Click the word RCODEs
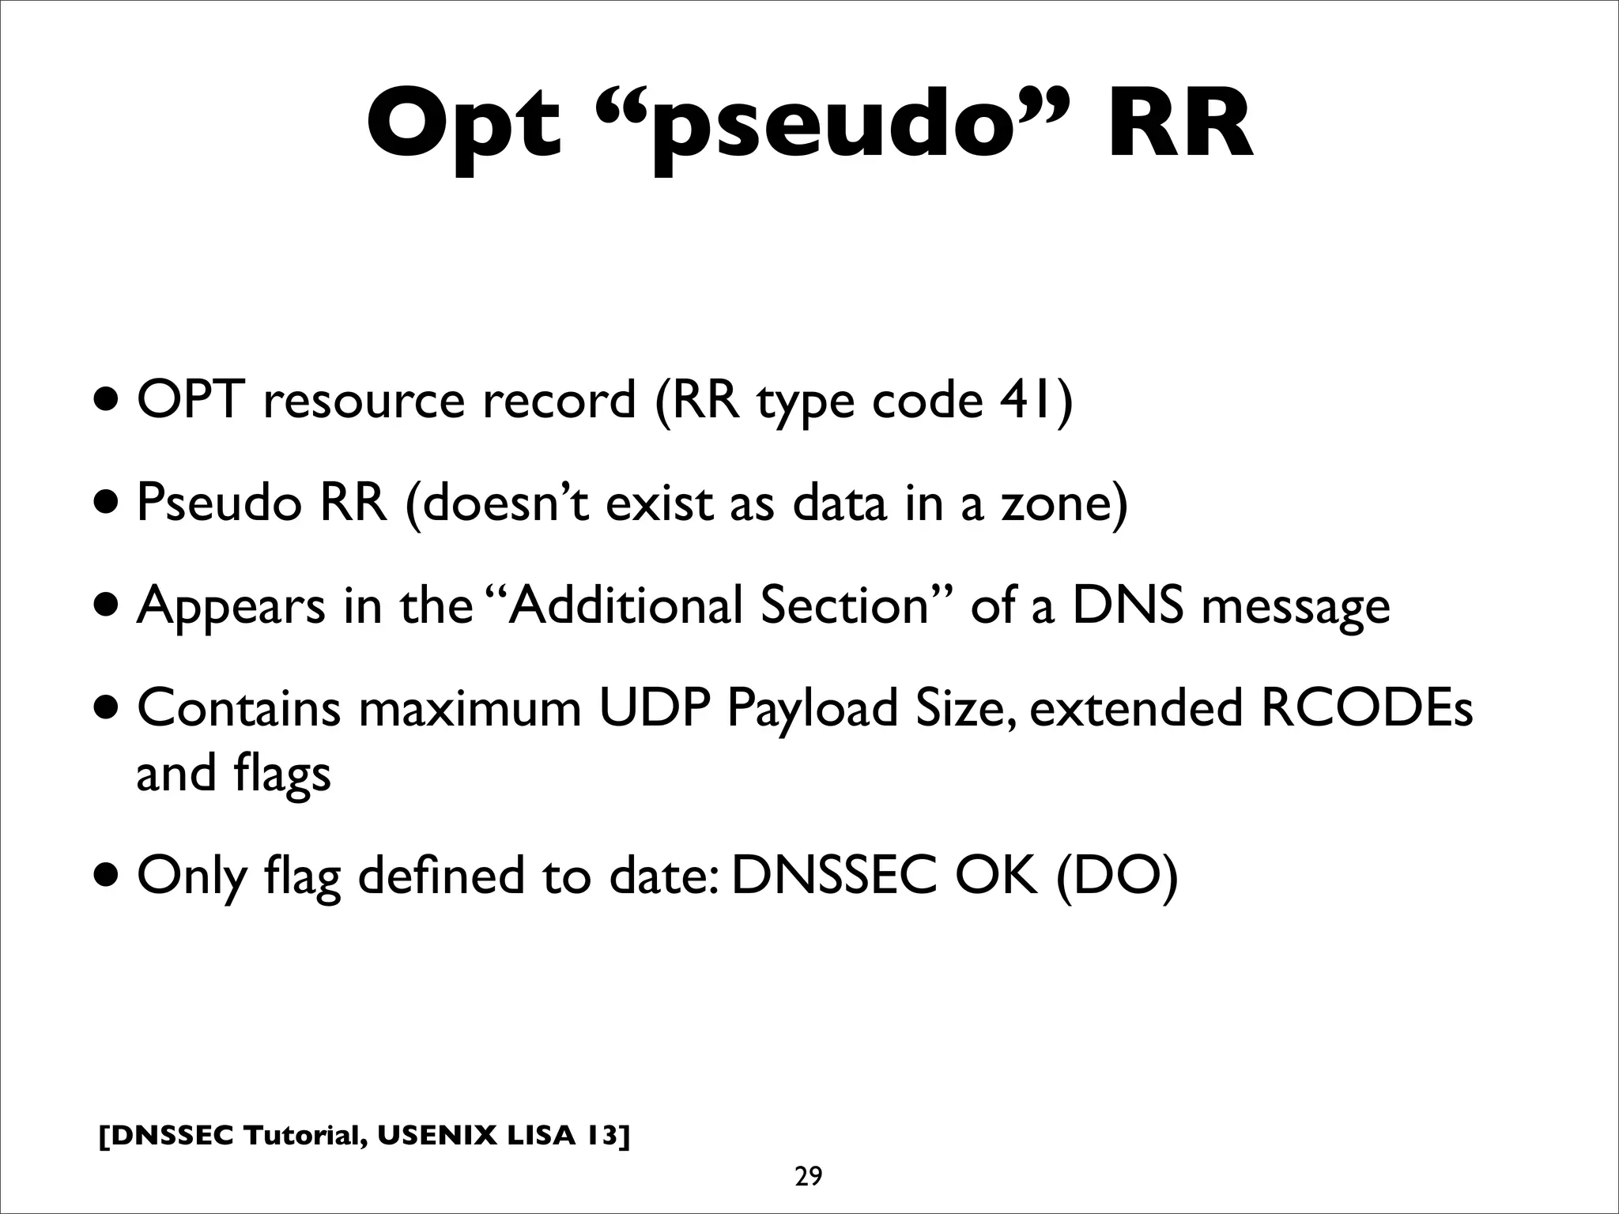pos(1366,708)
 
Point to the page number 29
pos(808,1177)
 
